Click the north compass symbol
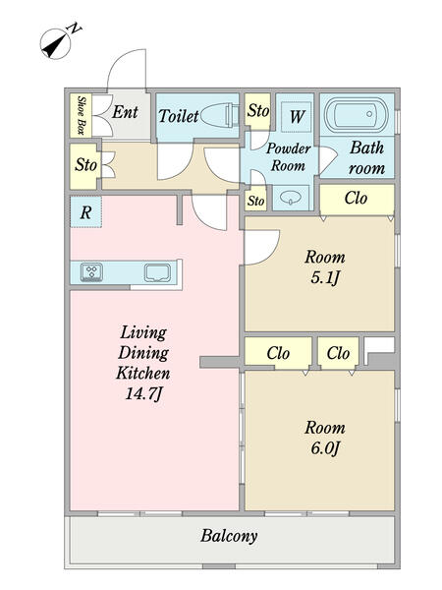56,44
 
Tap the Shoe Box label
81,115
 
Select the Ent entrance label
126,112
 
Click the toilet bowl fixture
219,114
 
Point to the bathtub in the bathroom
357,114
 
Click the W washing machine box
297,117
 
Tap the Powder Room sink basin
291,197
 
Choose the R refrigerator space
85,211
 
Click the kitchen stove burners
91,272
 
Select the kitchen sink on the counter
157,272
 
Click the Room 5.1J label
325,267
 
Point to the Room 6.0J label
325,438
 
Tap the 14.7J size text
144,394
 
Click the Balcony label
229,536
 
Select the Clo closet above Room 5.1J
357,199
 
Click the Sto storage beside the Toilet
257,110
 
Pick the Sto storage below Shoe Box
85,166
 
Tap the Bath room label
366,158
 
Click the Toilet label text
178,115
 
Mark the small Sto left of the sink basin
255,201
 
